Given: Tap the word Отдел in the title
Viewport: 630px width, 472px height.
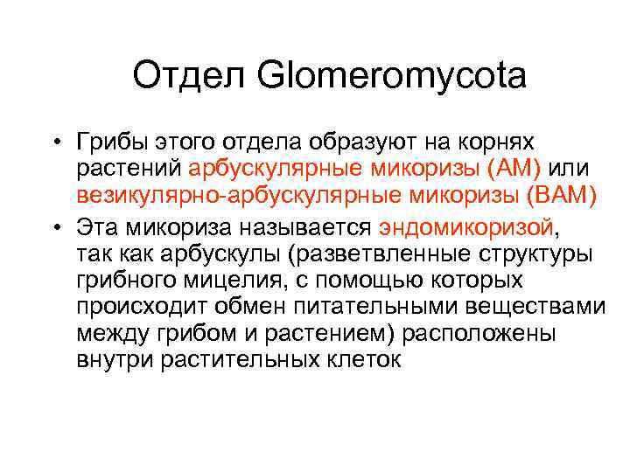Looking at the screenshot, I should click(180, 76).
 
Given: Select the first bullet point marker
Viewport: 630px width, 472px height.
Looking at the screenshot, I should click(54, 143).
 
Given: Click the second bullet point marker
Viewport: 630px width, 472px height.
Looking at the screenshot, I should click(54, 229).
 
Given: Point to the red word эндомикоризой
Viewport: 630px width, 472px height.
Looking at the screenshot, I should click(467, 228).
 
